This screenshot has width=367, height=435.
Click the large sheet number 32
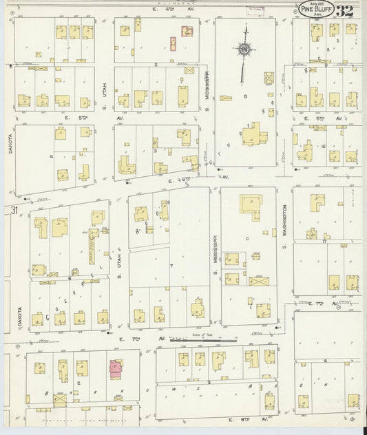346,11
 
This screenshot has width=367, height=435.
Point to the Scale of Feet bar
203,339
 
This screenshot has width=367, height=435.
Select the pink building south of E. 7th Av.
114,365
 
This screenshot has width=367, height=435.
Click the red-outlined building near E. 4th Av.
186,31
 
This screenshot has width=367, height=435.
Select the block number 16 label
322,147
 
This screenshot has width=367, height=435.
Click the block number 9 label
325,64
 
